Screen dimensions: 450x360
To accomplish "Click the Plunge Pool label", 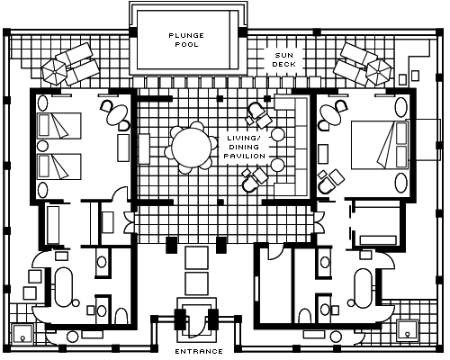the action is tap(186, 40).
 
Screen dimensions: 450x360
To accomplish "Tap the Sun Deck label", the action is tap(283, 59).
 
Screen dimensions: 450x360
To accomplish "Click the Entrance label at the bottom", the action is tap(199, 351).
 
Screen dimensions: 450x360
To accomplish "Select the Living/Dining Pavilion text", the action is tap(245, 147).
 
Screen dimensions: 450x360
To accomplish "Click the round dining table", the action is tap(192, 148).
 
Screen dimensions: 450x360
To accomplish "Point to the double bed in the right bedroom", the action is tap(380, 145).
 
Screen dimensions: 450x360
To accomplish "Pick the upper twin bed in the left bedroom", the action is tap(59, 126).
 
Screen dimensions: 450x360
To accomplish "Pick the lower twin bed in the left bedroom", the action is tap(59, 166).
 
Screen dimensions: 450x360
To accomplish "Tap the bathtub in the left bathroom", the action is tap(64, 287).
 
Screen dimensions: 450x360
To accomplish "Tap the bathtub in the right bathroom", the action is tap(363, 288).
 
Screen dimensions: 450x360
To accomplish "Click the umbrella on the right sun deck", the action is tap(379, 72).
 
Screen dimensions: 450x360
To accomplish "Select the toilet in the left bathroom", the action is tap(121, 316).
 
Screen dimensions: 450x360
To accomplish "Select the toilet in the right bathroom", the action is tap(305, 316).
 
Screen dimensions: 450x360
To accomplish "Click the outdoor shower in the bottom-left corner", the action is tap(22, 335).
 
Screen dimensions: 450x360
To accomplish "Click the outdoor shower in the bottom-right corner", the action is tap(407, 331).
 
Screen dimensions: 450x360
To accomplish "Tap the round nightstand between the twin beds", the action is tap(42, 146).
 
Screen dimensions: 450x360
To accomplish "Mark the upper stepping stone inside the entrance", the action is tap(196, 257).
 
